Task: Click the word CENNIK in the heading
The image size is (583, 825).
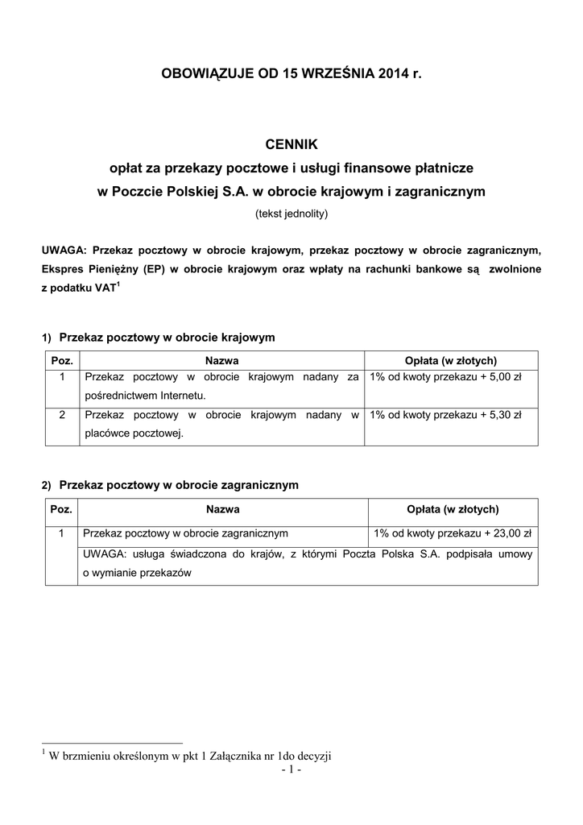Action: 291,144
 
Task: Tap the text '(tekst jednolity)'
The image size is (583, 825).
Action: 291,214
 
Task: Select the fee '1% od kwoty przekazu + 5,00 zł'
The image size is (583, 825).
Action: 445,376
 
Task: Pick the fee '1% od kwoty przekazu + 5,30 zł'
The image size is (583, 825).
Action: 445,415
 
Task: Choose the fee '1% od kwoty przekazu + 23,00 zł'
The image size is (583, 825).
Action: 452,533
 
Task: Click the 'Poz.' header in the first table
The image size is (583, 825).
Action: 62,360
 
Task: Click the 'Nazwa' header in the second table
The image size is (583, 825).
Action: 223,509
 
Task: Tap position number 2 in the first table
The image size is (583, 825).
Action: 62,415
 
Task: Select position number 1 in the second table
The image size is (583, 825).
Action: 62,533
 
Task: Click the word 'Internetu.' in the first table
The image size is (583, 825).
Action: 182,396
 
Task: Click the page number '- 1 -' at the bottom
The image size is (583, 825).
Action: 291,770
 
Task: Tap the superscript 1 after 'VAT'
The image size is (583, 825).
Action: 118,284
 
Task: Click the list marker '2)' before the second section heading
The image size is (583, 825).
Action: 47,486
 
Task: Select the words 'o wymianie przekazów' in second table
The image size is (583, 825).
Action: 138,574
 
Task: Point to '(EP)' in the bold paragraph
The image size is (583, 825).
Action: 154,268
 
